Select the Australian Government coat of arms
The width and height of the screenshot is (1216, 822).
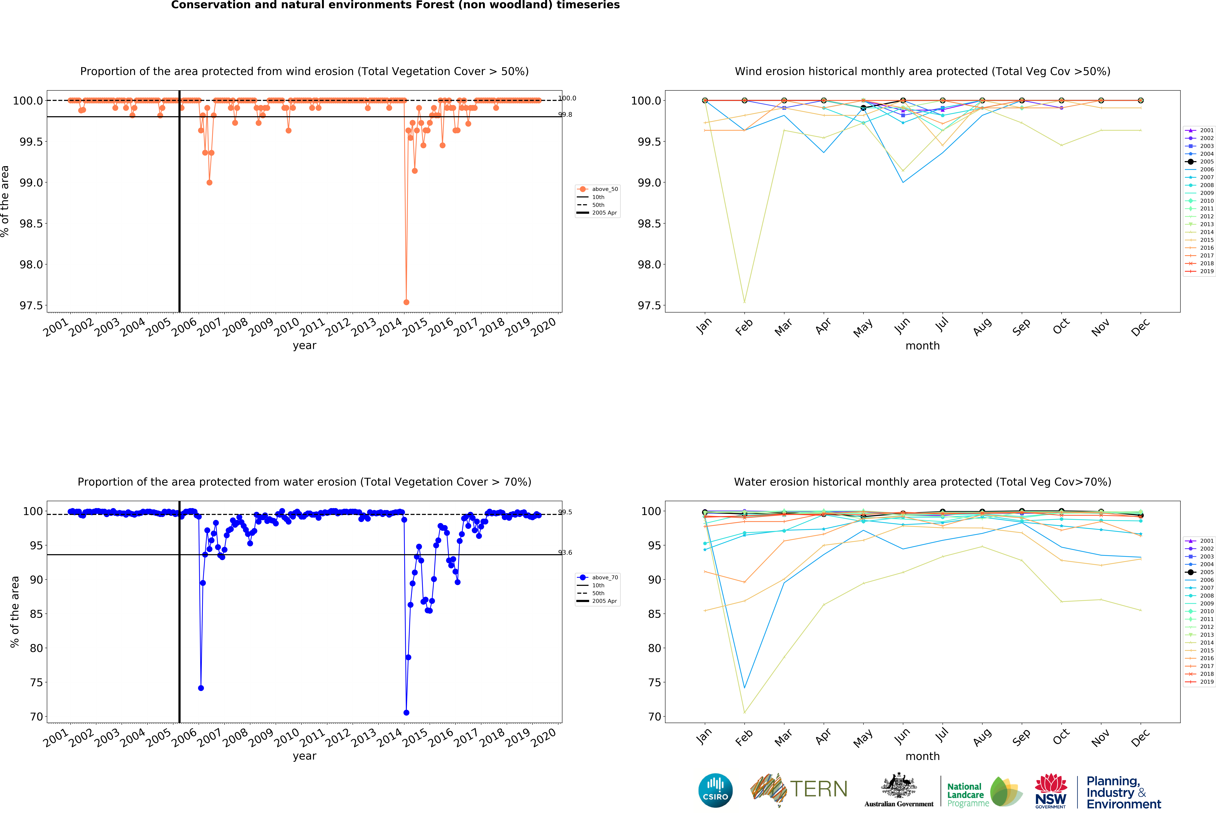pos(898,785)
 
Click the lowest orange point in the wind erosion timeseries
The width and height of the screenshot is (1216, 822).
pos(406,302)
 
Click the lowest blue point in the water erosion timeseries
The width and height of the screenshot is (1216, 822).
pos(406,713)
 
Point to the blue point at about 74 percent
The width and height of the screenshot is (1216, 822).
pos(201,688)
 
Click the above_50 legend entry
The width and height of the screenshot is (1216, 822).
pos(604,189)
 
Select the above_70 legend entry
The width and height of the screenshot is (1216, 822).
pos(604,577)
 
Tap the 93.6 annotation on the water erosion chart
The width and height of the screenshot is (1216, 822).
pos(565,552)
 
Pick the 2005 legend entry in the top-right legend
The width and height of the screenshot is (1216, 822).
pos(1206,162)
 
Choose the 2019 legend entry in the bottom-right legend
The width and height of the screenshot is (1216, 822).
pos(1206,682)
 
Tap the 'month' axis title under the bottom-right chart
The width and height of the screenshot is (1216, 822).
pos(922,756)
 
